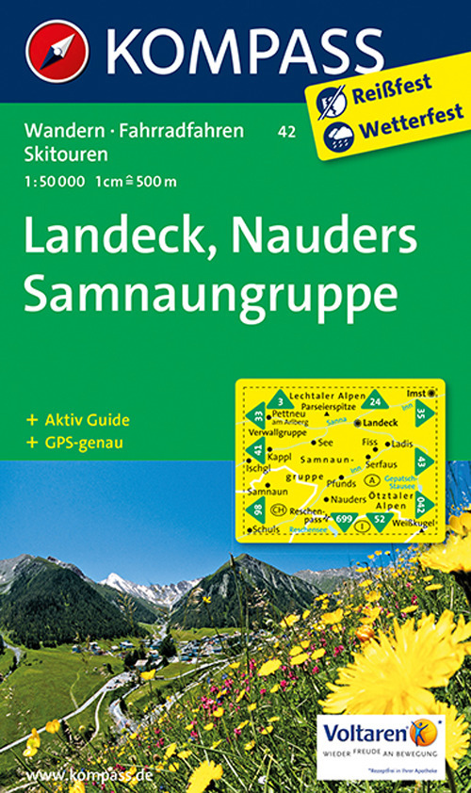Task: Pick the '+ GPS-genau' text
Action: [x=75, y=442]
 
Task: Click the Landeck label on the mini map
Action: [x=375, y=424]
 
